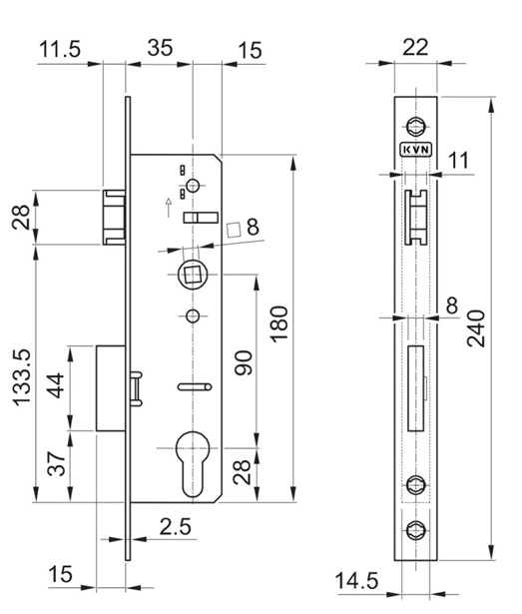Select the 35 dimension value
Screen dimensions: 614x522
point(160,48)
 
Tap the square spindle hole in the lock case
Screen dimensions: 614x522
point(192,273)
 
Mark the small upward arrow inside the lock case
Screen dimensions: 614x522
point(168,207)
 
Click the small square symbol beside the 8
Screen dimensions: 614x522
point(233,229)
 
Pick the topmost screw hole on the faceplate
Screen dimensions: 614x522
point(415,124)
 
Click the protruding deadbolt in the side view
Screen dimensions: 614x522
point(109,387)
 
